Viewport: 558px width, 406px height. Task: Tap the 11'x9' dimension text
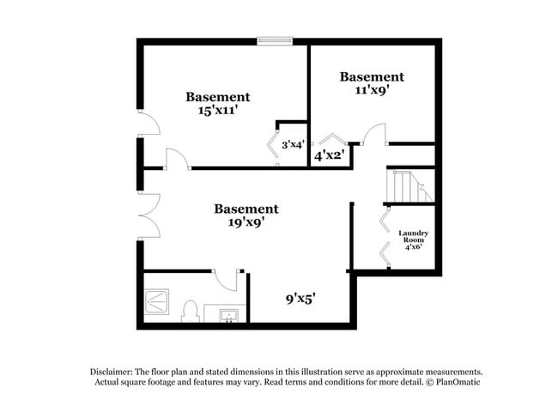pos(372,89)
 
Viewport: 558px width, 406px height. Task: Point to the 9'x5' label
pos(300,300)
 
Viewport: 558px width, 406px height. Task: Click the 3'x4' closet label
pos(292,145)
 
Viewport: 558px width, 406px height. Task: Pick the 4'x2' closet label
pos(329,156)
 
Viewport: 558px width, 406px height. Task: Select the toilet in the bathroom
pos(191,312)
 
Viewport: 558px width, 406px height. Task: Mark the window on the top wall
pos(275,39)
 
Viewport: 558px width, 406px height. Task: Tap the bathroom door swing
pos(225,280)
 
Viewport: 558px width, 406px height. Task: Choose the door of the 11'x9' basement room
pos(375,136)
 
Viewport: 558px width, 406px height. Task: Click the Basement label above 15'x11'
pos(218,97)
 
